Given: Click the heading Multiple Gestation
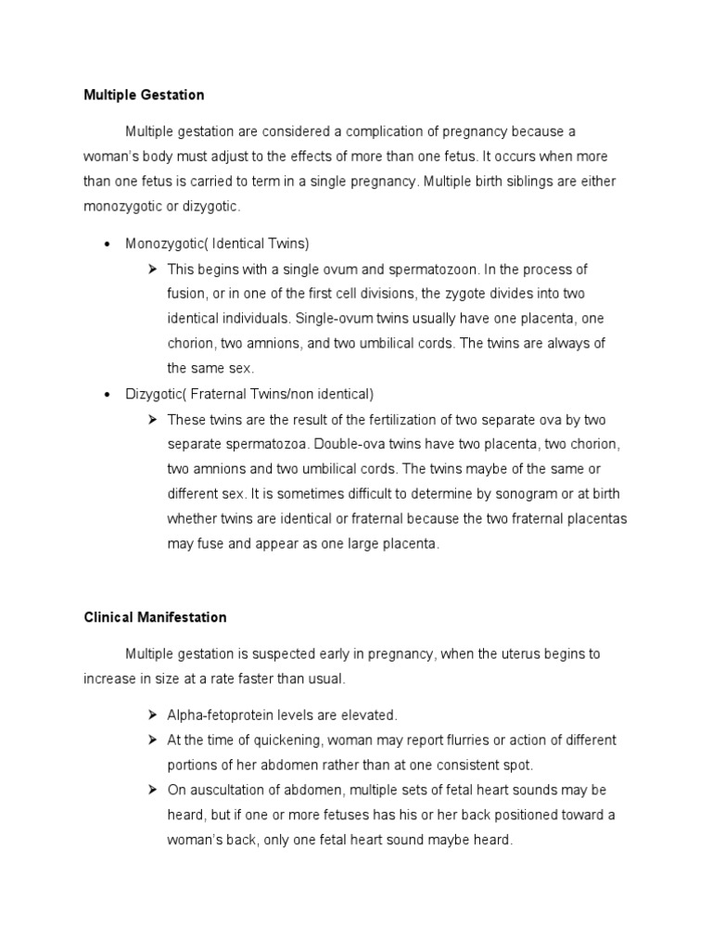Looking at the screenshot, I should (x=144, y=95).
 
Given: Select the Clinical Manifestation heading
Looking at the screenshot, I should (x=155, y=616).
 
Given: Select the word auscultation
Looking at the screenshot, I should (x=227, y=791).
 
